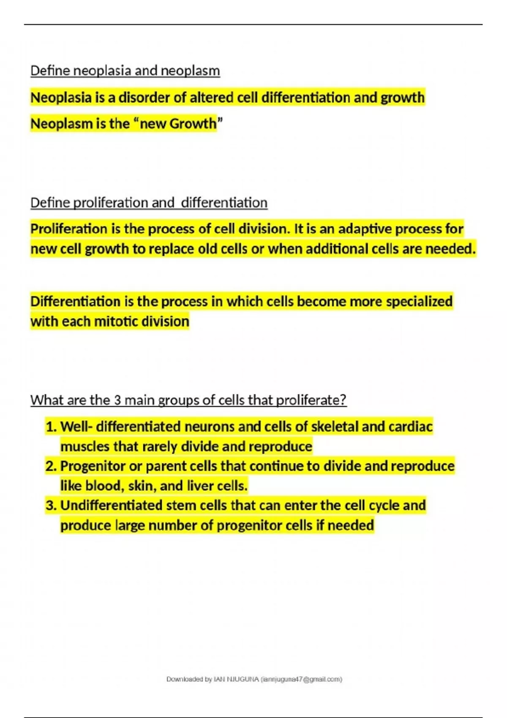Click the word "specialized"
pos(419,302)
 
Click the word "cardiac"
pos(411,427)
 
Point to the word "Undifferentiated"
pos(109,505)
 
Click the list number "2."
pos(51,466)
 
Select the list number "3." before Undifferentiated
pos(51,505)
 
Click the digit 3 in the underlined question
pos(117,400)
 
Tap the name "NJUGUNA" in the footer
pos(243,679)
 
